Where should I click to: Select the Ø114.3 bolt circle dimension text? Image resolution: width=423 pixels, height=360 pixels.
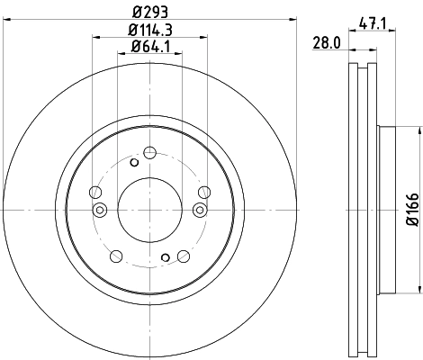pyautogui.click(x=149, y=31)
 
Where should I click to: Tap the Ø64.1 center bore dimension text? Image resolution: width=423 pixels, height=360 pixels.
pyautogui.click(x=149, y=47)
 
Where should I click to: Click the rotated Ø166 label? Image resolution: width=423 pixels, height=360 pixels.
pyautogui.click(x=410, y=210)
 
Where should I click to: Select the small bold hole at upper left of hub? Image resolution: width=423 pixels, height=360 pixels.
pyautogui.click(x=134, y=162)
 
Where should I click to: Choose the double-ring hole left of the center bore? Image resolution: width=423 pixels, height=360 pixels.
pyautogui.click(x=99, y=210)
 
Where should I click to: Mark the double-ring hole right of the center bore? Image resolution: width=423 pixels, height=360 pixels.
pyautogui.click(x=200, y=210)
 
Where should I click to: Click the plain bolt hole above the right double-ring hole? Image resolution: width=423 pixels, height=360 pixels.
pyautogui.click(x=204, y=191)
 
